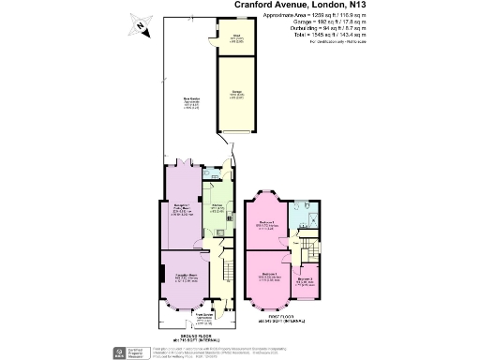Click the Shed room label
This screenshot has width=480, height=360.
point(224,38)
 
